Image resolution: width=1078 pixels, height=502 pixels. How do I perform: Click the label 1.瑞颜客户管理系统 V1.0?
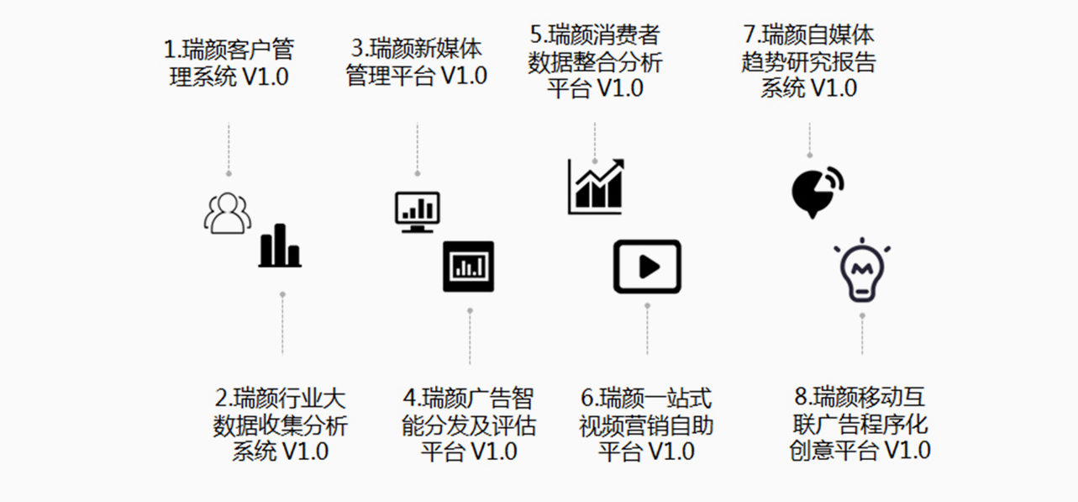coord(229,62)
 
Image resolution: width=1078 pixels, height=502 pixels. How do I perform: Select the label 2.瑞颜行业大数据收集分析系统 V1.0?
coord(281,424)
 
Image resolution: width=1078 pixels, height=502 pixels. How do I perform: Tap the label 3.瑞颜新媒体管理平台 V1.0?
coord(416,61)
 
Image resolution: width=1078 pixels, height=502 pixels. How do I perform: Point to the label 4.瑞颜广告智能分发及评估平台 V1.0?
coord(469,424)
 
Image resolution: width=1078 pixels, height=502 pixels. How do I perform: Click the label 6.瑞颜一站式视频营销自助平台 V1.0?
coord(646,424)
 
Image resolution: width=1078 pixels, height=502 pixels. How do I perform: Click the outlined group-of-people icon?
coord(227,213)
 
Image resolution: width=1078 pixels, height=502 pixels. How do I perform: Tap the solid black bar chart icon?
coord(280,246)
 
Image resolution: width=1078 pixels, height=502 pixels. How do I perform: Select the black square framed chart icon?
coord(468,267)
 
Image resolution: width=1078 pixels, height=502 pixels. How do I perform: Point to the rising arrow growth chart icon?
coord(596,186)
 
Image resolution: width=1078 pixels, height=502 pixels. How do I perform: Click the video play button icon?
coord(647,267)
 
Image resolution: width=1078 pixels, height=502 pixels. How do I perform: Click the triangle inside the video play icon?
coord(649,267)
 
